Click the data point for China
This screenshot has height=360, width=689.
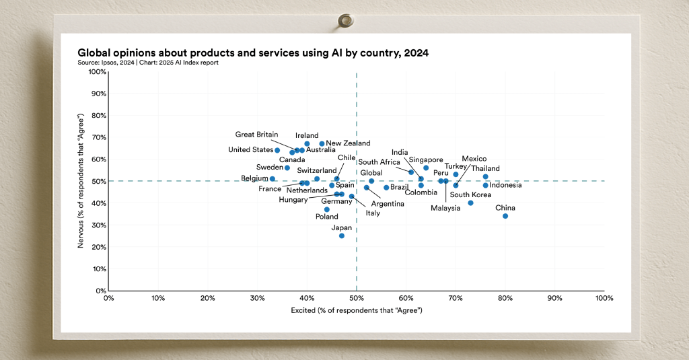pos(505,216)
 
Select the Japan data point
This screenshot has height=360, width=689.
pos(342,236)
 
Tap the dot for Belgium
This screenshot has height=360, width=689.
pos(273,179)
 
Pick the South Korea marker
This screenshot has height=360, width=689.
pos(470,203)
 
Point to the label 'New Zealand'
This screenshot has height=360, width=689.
pos(348,143)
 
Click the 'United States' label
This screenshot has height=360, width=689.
pos(250,150)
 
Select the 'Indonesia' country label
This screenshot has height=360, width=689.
pos(505,185)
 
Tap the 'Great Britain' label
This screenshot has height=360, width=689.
pos(256,135)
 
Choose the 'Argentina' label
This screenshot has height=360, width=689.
pos(388,204)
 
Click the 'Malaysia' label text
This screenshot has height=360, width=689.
pos(445,208)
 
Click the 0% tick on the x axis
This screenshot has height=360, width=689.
pos(109,297)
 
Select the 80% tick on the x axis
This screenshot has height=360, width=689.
pos(505,297)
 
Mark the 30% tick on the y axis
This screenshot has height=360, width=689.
pos(98,225)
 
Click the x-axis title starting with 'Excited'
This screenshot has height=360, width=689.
pos(356,310)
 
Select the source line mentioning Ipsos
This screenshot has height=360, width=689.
pos(148,63)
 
